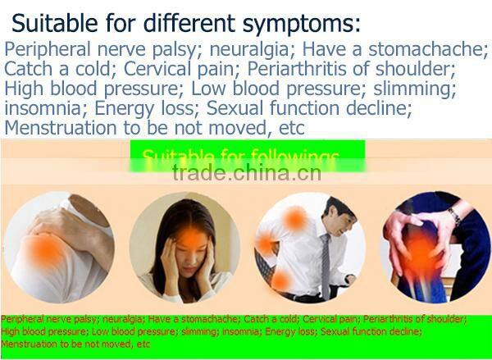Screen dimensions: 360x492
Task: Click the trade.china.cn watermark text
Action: (x=246, y=173)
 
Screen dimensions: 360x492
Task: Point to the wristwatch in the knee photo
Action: (x=454, y=217)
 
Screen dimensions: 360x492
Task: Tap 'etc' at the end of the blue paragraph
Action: (x=290, y=128)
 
